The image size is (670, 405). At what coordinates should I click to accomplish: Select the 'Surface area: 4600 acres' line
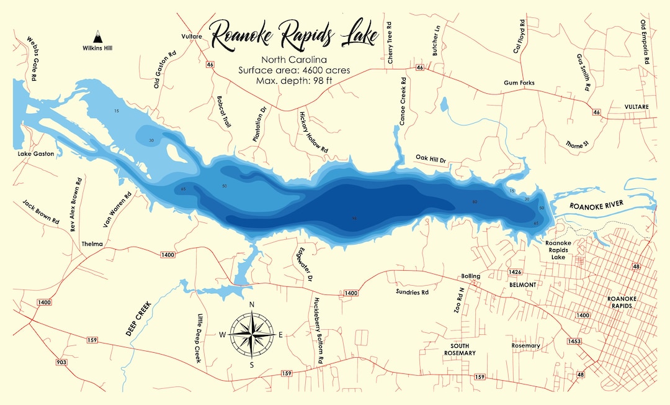(x=294, y=70)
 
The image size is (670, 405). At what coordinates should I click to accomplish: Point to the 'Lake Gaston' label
(x=36, y=153)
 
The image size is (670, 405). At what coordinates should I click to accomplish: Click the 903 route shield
(x=61, y=362)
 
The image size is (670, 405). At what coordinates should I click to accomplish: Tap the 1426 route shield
(x=514, y=272)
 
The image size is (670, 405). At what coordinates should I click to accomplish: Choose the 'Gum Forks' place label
(x=519, y=83)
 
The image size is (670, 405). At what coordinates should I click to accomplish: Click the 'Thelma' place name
(x=92, y=244)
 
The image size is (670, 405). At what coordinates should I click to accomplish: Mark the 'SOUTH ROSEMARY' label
(x=460, y=349)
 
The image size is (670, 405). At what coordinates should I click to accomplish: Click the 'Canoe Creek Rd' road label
(x=403, y=101)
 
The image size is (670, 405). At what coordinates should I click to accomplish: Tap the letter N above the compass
(x=252, y=304)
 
